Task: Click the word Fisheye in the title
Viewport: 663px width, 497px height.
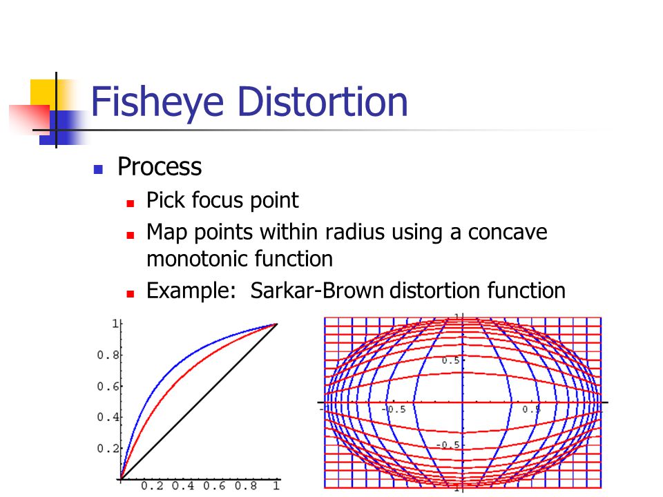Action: pyautogui.click(x=157, y=101)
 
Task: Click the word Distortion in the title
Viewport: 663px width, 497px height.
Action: pyautogui.click(x=323, y=101)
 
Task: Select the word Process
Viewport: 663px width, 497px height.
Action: pyautogui.click(x=160, y=166)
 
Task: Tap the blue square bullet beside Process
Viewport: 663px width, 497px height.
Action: pyautogui.click(x=98, y=170)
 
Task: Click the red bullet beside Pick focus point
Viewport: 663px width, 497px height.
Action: pyautogui.click(x=131, y=204)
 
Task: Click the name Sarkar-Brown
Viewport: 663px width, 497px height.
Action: pyautogui.click(x=317, y=291)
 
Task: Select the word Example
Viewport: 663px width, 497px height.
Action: pyautogui.click(x=191, y=291)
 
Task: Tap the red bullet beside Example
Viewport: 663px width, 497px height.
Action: pyautogui.click(x=131, y=294)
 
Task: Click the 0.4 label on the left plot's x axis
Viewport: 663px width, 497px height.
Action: pyautogui.click(x=183, y=485)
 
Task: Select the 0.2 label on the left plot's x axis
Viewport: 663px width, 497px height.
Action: pyautogui.click(x=152, y=485)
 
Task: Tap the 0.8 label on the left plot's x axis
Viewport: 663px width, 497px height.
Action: pyautogui.click(x=246, y=485)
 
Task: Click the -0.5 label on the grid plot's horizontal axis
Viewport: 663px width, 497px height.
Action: pyautogui.click(x=394, y=409)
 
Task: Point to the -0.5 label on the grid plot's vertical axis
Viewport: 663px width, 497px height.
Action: pyautogui.click(x=448, y=445)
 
